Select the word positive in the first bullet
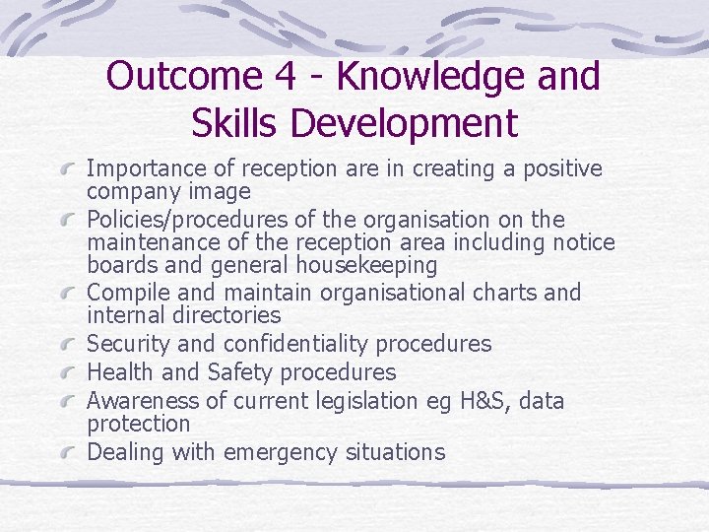point(556,168)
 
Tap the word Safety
point(239,372)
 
